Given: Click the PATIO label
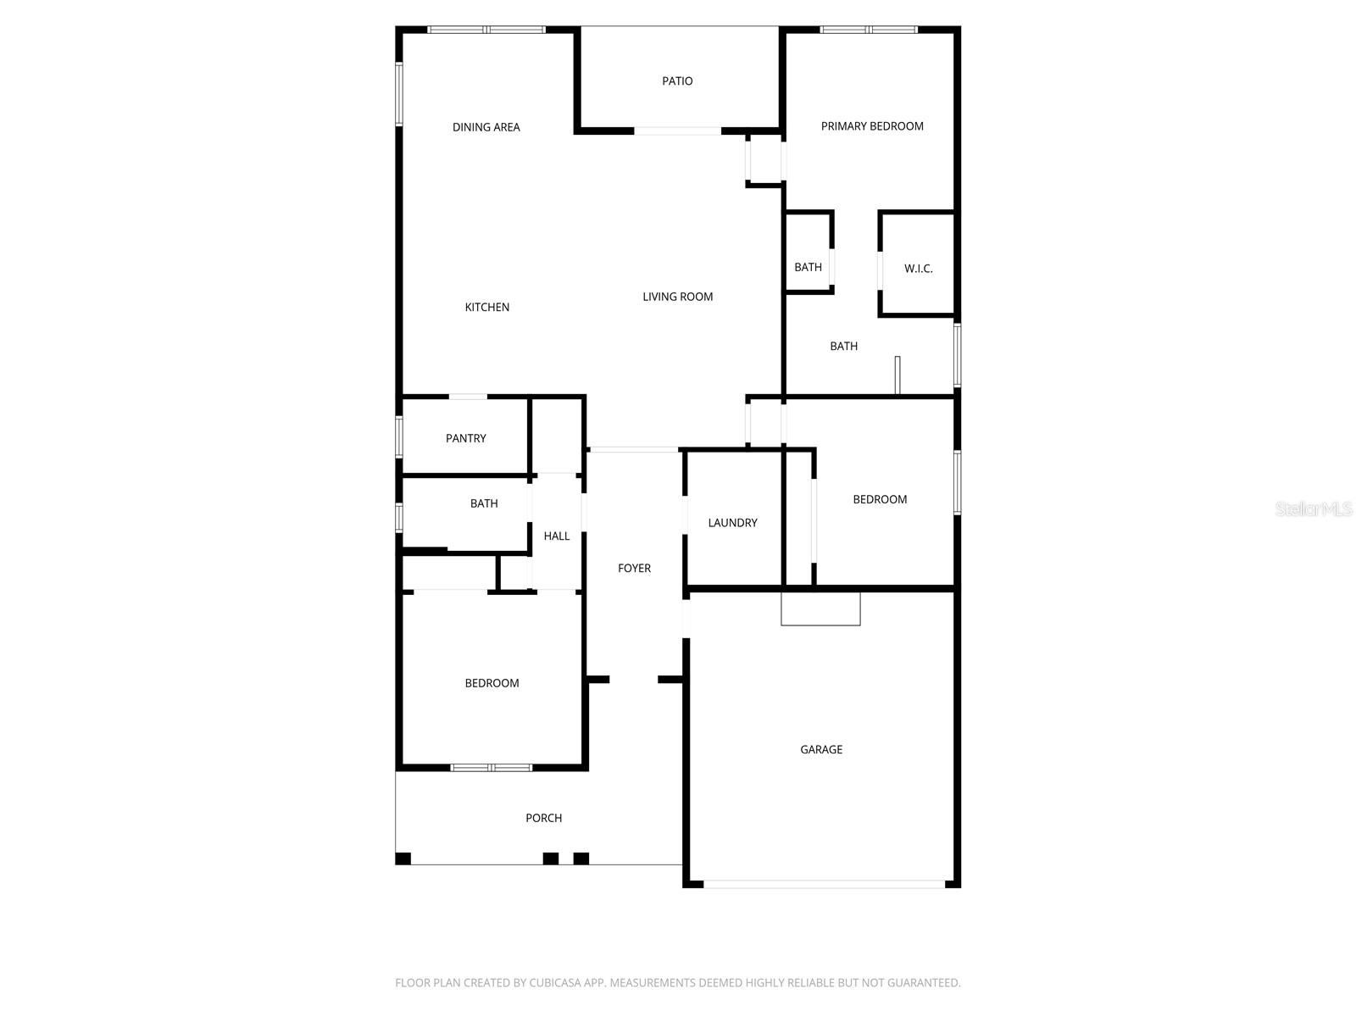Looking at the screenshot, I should click(677, 81).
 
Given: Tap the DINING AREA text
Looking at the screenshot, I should click(486, 127).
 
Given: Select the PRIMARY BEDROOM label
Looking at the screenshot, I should click(872, 126).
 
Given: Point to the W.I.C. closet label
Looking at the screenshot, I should click(918, 269).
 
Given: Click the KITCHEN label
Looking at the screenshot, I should click(487, 308).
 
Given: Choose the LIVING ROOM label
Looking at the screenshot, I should click(677, 297).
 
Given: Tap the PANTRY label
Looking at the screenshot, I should click(466, 438).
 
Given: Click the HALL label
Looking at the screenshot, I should click(557, 536).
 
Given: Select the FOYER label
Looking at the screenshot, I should click(634, 569).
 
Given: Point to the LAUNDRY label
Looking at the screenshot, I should click(732, 523).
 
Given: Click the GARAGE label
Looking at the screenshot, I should click(821, 749).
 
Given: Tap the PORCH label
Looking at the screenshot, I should click(543, 818).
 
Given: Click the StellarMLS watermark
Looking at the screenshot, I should click(1314, 508).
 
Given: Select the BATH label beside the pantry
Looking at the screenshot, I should click(484, 503).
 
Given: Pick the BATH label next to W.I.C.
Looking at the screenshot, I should click(808, 267).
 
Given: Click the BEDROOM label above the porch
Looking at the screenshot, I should click(492, 683).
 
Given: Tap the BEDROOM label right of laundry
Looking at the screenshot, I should click(880, 499).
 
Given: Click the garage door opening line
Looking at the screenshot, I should click(823, 884).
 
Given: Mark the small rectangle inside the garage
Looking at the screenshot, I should click(820, 609).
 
